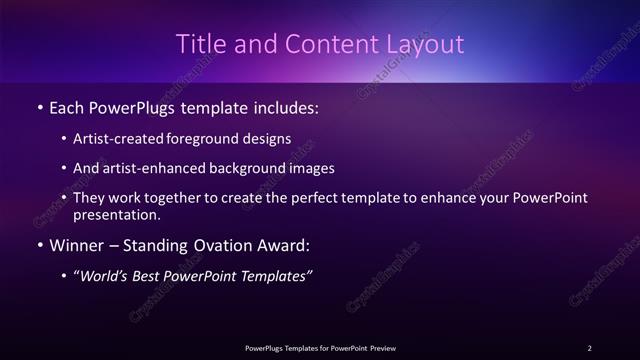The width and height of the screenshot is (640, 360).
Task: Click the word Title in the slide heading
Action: click(199, 44)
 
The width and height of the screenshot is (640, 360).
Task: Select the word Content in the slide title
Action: click(318, 44)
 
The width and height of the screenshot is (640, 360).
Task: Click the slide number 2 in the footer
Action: click(589, 347)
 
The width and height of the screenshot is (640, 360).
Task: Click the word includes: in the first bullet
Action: click(285, 105)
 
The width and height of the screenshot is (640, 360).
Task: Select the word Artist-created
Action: click(125, 139)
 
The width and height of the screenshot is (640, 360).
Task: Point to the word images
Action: click(313, 168)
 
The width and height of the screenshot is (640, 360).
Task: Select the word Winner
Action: click(76, 243)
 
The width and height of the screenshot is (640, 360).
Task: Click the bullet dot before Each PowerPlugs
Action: click(39, 106)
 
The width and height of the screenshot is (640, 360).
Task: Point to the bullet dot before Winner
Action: click(39, 244)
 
